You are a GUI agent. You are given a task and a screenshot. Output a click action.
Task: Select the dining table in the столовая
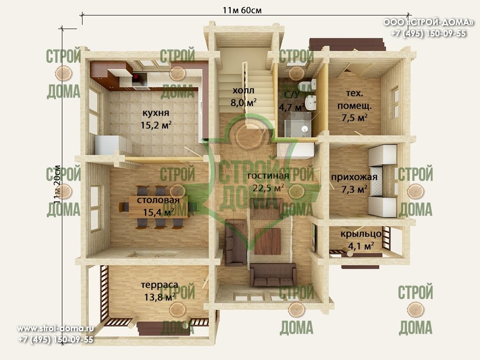(158, 207)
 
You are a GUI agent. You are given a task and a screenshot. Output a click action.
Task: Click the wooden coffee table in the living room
(268, 241)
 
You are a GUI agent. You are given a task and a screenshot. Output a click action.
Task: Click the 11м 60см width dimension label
(242, 10)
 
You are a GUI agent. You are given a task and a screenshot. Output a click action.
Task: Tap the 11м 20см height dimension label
(57, 185)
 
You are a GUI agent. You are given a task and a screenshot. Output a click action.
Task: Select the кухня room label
(156, 113)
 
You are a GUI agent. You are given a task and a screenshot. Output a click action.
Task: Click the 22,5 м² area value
(268, 187)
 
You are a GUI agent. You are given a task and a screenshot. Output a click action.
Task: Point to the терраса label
(159, 285)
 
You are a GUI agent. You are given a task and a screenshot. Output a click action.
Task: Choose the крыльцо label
(361, 234)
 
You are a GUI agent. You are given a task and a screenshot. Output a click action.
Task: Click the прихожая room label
(354, 177)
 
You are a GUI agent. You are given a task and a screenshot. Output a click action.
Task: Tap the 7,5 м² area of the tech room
(354, 118)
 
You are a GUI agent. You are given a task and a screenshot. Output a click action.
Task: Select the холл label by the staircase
(243, 90)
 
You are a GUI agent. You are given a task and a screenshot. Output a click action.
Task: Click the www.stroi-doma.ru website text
(55, 329)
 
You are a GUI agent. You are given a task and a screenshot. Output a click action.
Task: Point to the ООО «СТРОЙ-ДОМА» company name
(428, 22)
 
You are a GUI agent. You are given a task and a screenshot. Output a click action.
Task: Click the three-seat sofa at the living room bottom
(273, 274)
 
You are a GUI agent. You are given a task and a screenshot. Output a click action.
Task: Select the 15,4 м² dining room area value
(158, 212)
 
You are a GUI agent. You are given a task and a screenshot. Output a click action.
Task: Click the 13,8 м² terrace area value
(159, 297)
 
